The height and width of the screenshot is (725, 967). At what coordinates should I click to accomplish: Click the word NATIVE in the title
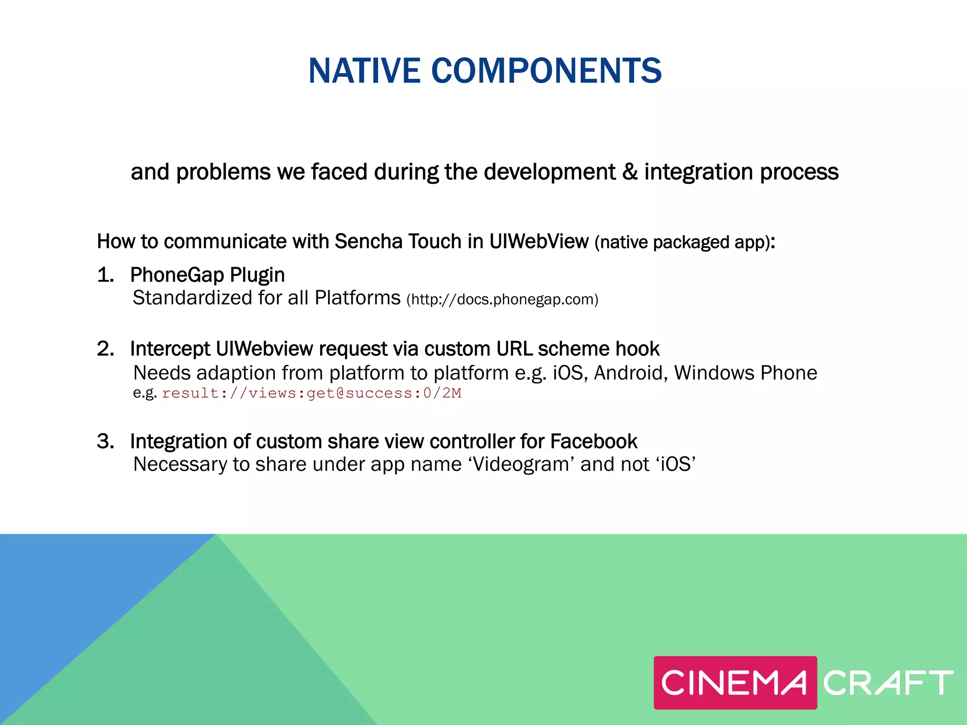tap(364, 71)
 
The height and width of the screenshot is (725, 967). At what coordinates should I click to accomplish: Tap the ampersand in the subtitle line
tap(629, 172)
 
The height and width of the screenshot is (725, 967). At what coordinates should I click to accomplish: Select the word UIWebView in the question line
tap(539, 241)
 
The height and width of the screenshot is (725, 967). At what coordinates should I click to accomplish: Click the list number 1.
tap(105, 275)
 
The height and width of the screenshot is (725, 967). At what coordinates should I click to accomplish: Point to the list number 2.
tap(105, 349)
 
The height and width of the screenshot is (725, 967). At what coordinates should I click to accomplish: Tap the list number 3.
tap(105, 441)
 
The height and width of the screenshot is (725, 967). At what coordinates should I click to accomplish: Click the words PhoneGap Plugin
tap(207, 275)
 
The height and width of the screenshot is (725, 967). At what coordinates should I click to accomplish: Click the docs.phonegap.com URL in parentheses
tap(502, 299)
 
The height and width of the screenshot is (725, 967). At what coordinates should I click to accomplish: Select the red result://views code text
tap(311, 393)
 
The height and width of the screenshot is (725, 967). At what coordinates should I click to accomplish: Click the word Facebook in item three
tap(594, 441)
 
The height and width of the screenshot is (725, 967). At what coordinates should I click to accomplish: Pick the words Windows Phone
tap(746, 373)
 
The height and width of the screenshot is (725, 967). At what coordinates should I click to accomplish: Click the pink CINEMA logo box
tap(735, 683)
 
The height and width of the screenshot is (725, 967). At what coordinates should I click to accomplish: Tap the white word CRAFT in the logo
tap(888, 683)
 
